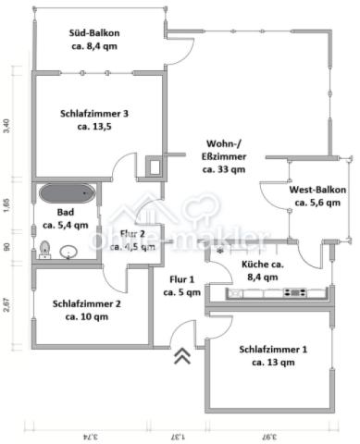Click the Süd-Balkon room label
[95, 40]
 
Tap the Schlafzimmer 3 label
[95, 120]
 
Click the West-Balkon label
[318, 195]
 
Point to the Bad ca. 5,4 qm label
[67, 217]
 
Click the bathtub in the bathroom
[66, 193]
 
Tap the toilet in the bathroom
[44, 249]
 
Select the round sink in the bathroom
[68, 251]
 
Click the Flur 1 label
[181, 285]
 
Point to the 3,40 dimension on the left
[7, 125]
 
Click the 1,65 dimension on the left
[7, 204]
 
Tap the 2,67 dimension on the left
[7, 306]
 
